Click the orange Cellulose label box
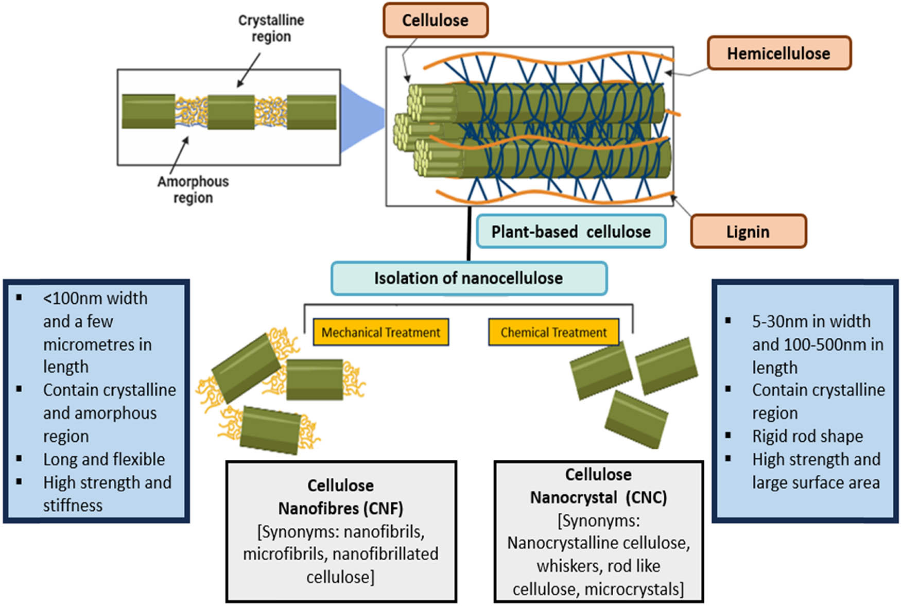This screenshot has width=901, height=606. tap(435, 21)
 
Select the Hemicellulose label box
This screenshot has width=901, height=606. tap(778, 53)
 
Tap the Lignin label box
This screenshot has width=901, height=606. tap(748, 232)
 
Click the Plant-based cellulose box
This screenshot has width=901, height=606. tap(571, 232)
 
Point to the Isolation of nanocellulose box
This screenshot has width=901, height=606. tap(469, 279)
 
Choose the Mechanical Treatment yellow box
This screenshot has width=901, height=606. tap(380, 333)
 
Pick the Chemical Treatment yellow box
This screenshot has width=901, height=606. tap(553, 333)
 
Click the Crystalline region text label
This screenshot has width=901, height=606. tap(271, 28)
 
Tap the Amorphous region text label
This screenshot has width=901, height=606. tap(193, 189)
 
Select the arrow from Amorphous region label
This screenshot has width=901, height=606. tap(179, 155)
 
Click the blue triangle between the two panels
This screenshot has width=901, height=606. tap(362, 118)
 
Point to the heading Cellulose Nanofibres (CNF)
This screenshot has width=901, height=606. tap(340, 497)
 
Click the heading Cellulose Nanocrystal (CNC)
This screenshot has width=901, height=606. tap(598, 486)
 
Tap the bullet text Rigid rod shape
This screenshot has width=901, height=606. tap(807, 437)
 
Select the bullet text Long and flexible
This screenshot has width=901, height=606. tap(104, 459)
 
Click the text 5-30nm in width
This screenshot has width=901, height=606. tap(811, 321)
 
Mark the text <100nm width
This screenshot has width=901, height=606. tap(95, 298)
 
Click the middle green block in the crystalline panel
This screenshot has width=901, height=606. tap(231, 112)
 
